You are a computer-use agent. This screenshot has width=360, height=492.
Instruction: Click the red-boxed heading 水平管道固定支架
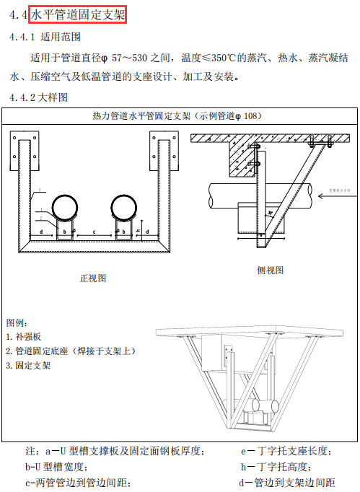pyautogui.click(x=79, y=14)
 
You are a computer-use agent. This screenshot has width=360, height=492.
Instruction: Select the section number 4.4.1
pyautogui.click(x=22, y=36)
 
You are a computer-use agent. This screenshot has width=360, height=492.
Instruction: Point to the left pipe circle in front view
pyautogui.click(x=66, y=207)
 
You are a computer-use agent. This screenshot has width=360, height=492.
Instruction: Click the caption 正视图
pyautogui.click(x=93, y=278)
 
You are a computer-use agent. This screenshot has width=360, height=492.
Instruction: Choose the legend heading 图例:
pyautogui.click(x=17, y=322)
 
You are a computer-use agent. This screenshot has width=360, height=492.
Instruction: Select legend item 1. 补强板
pyautogui.click(x=25, y=336)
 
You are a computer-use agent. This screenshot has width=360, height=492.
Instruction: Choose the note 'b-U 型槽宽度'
pyautogui.click(x=59, y=467)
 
